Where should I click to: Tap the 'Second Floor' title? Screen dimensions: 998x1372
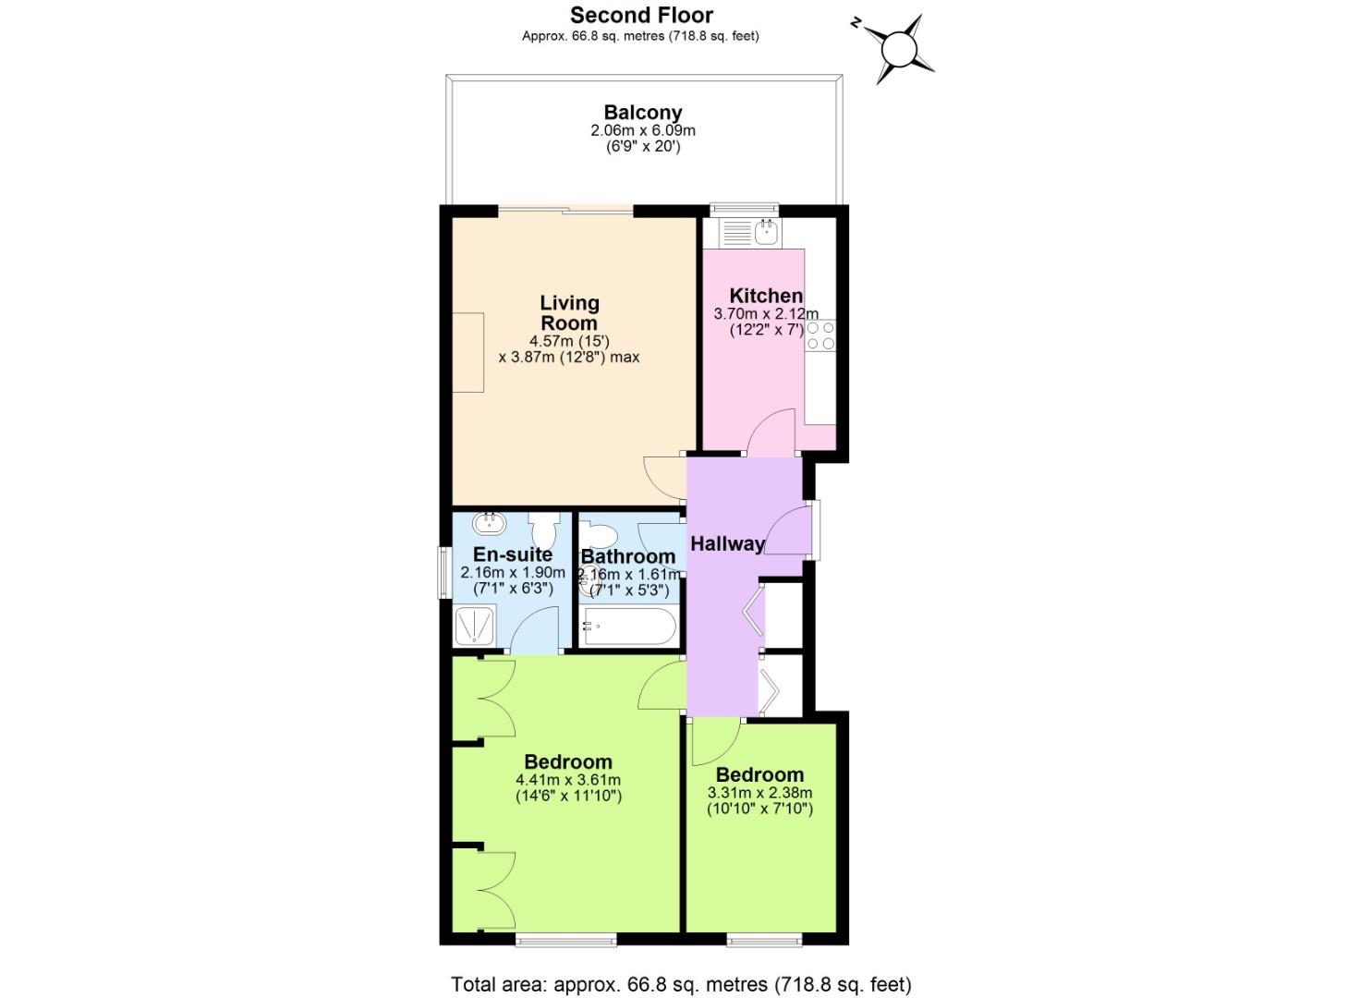(641, 15)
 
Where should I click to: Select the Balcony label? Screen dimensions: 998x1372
(642, 113)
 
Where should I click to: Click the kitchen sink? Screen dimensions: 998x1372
(766, 231)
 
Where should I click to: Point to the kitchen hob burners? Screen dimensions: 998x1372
(820, 335)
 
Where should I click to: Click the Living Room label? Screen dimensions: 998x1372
(569, 312)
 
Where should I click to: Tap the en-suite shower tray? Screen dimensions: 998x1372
(475, 627)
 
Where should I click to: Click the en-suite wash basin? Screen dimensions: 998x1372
(489, 524)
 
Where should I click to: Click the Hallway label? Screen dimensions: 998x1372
(727, 543)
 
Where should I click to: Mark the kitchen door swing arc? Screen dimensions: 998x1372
(770, 432)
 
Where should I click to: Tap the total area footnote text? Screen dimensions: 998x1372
(681, 984)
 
